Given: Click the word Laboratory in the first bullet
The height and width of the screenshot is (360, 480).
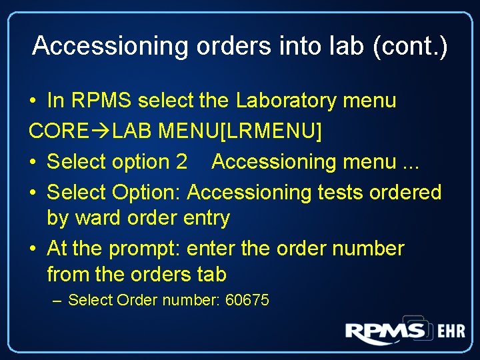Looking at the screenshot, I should tap(287, 101).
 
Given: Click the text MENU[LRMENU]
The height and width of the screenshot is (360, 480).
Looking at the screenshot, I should tap(240, 131).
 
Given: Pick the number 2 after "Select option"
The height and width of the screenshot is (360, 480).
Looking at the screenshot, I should tap(181, 162).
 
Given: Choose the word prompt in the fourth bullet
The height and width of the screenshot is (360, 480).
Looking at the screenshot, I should tap(143, 249).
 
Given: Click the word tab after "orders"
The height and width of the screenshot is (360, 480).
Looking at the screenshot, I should tap(211, 274).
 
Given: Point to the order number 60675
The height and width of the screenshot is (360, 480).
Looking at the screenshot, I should tap(247, 300).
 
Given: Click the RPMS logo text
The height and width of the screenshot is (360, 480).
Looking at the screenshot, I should tap(385, 331).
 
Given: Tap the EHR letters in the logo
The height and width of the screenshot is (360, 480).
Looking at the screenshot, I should tap(451, 331).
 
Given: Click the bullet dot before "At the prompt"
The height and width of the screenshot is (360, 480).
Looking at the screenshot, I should tap(34, 249).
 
